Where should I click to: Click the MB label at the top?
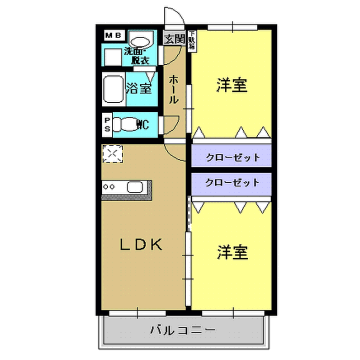click(111, 35)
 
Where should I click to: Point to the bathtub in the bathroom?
click(113, 89)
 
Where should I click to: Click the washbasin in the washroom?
click(140, 41)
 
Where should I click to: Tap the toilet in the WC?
click(127, 125)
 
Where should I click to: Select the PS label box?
click(108, 125)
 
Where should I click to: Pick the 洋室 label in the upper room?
click(233, 86)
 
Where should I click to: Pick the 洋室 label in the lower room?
click(233, 252)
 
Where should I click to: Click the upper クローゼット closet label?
click(233, 157)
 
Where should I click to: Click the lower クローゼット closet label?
click(233, 183)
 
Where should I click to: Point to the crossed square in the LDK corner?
click(111, 154)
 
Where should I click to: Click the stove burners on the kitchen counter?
click(109, 186)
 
